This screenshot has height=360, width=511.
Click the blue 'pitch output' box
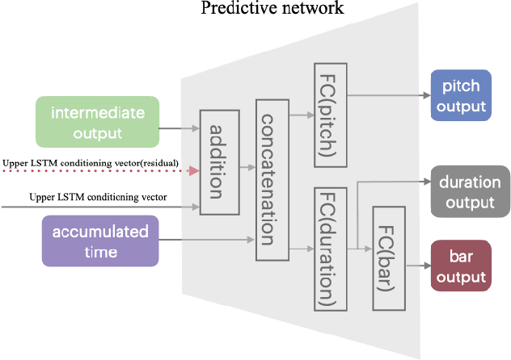pyautogui.click(x=458, y=95)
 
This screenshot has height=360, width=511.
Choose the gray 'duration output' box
pyautogui.click(x=470, y=192)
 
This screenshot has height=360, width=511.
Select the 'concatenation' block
pyautogui.click(x=272, y=179)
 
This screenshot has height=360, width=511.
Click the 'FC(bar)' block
pyautogui.click(x=386, y=257)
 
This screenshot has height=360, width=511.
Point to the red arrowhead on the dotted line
pyautogui.click(x=193, y=171)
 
